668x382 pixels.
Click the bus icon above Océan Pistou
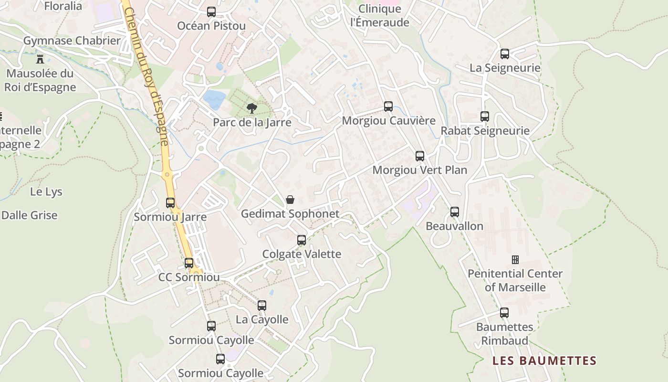click(x=211, y=12)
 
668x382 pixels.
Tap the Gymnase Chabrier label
click(x=72, y=41)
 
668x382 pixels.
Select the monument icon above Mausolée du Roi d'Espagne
click(x=40, y=60)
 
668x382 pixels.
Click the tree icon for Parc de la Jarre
click(x=251, y=108)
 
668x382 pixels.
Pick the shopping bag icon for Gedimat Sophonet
click(x=290, y=200)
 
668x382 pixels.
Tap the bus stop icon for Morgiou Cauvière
click(x=388, y=106)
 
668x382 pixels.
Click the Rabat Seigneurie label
click(x=485, y=131)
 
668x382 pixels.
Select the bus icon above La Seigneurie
click(x=505, y=54)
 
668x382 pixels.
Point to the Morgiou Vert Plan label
click(x=419, y=170)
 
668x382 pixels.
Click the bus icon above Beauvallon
click(x=455, y=212)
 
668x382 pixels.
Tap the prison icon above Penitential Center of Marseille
click(x=515, y=260)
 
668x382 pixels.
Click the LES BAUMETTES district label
click(x=544, y=361)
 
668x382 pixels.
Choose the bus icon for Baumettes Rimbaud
click(x=504, y=313)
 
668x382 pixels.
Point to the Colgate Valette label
click(x=302, y=254)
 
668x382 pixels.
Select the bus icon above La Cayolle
click(x=262, y=306)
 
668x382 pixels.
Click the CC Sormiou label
click(x=189, y=277)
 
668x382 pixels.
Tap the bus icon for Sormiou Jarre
click(x=170, y=203)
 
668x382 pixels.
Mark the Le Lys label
click(x=46, y=192)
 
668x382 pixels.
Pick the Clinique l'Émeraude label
click(x=380, y=16)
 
